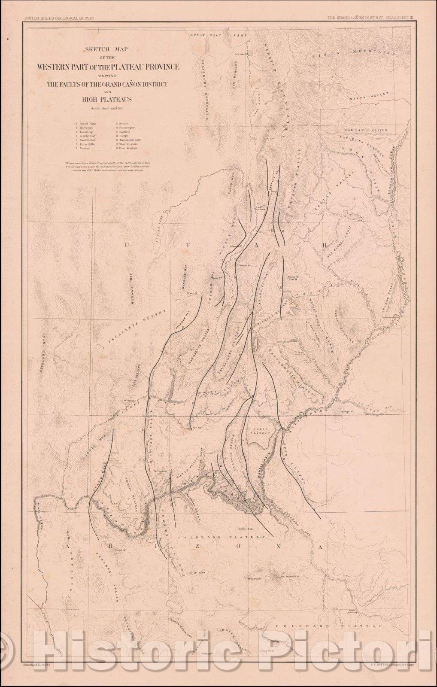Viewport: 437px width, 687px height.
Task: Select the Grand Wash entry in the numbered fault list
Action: pos(88,123)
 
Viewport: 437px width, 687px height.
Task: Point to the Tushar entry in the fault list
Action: pos(84,148)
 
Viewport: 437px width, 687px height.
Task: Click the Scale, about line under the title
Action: pos(108,109)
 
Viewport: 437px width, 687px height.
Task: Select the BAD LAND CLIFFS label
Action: pos(365,129)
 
